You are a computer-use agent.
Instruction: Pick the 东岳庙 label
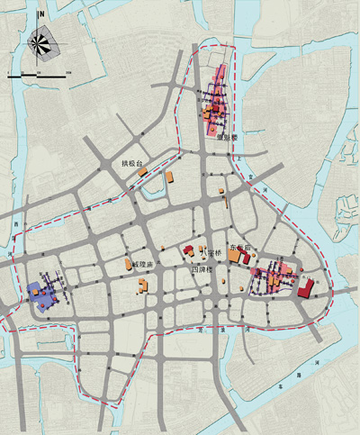point(243,245)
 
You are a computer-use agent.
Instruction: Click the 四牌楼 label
point(202,268)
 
